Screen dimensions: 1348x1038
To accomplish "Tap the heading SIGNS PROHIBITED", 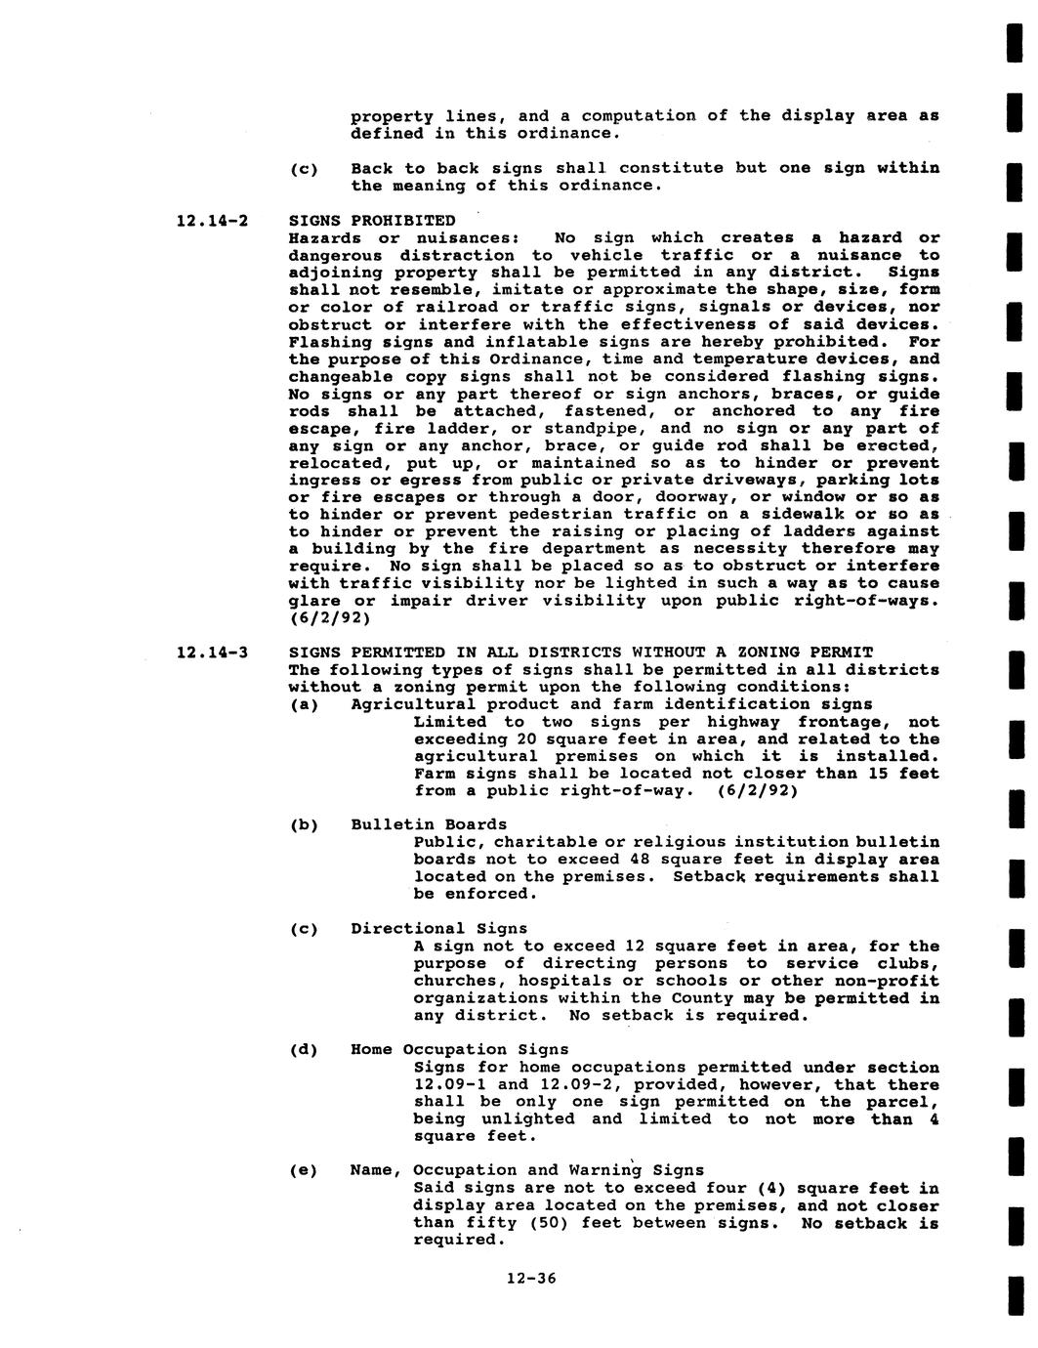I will (x=372, y=220).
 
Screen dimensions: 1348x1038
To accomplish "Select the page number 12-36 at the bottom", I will (x=531, y=1278).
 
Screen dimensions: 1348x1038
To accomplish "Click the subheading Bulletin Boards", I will (x=429, y=824).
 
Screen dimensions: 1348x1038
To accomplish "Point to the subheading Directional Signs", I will (x=438, y=928).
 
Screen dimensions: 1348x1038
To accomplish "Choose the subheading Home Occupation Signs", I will (x=459, y=1050).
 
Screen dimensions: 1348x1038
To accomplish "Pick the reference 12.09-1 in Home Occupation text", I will (x=449, y=1084).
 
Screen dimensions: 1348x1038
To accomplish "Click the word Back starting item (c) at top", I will (x=372, y=168).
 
